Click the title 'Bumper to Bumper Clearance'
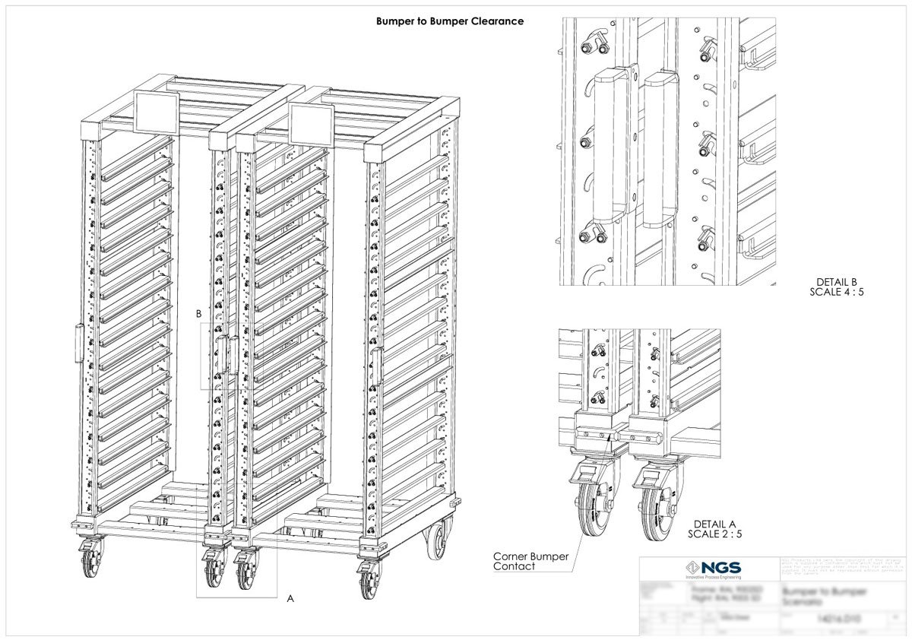pyautogui.click(x=450, y=21)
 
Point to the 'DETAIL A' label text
pyautogui.click(x=716, y=524)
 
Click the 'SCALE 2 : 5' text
pyautogui.click(x=715, y=534)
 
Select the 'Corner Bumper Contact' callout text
pyautogui.click(x=530, y=562)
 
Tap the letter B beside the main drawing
pyautogui.click(x=198, y=313)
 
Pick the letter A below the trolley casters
pyautogui.click(x=290, y=599)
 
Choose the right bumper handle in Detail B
pyautogui.click(x=658, y=150)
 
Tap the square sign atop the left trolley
pyautogui.click(x=156, y=110)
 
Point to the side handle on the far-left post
pyautogui.click(x=78, y=342)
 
